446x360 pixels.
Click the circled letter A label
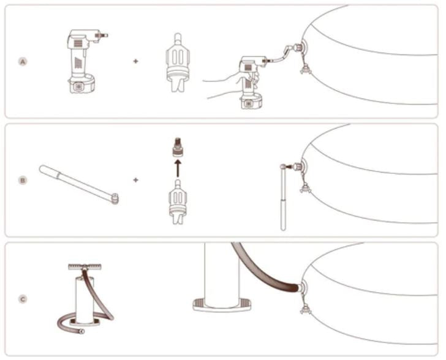23,61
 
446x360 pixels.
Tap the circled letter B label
23,180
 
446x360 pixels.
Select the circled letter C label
23,299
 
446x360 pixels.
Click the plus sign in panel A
135,61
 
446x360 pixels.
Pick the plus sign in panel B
135,180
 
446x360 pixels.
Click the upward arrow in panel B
178,168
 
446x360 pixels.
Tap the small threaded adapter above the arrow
178,147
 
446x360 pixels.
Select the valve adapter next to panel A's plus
178,62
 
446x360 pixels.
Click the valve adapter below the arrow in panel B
178,202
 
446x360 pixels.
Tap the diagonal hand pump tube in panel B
79,184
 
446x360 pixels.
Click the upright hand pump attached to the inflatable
284,197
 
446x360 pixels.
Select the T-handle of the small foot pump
85,267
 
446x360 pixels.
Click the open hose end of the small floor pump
82,331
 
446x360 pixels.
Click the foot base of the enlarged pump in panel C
222,304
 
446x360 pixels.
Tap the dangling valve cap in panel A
305,69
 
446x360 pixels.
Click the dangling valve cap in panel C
305,309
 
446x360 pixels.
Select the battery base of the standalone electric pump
81,84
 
